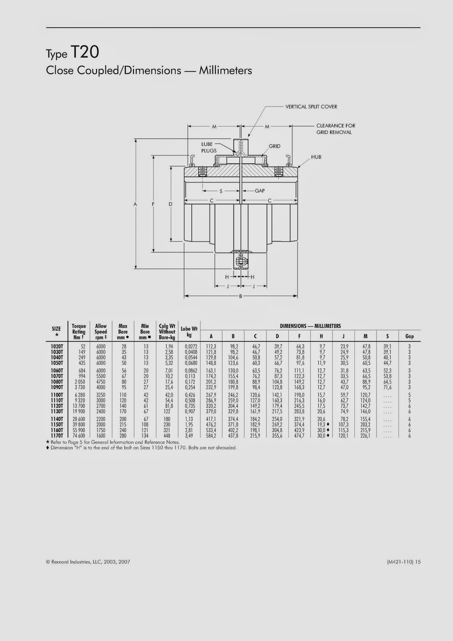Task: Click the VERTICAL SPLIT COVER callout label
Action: tap(311, 107)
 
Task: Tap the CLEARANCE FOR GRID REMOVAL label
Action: tap(336, 129)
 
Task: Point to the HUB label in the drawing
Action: tap(316, 157)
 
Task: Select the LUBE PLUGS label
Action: tap(209, 147)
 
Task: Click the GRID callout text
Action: tap(274, 146)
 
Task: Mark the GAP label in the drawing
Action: tap(260, 191)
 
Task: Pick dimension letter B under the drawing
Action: tap(241, 296)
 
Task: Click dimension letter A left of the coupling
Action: tap(135, 204)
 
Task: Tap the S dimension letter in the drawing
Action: tap(221, 191)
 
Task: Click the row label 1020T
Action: tap(56, 347)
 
